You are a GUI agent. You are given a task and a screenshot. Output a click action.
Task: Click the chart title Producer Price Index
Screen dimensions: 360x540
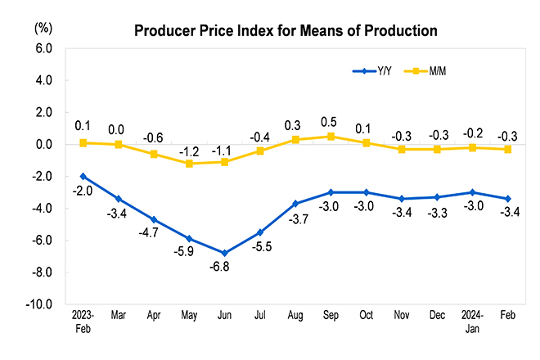tap(286, 31)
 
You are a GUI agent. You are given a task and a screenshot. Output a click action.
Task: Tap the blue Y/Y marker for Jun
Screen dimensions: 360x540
tap(224, 253)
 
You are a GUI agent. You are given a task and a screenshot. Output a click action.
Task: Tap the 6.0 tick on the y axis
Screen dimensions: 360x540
tap(44, 49)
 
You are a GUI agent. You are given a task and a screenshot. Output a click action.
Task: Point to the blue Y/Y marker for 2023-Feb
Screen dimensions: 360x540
tap(83, 176)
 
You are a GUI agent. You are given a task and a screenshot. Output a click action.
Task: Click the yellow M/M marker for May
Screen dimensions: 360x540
tap(189, 164)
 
